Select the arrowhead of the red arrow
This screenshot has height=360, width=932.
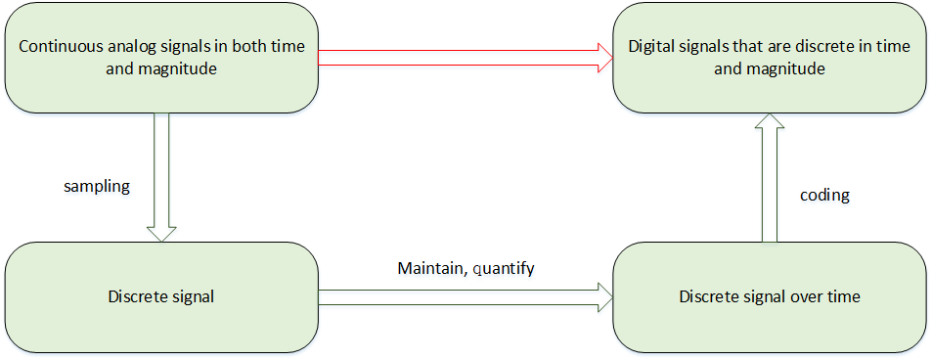pyautogui.click(x=601, y=57)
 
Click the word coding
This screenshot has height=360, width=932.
pyautogui.click(x=824, y=196)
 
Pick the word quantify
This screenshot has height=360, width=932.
pyautogui.click(x=503, y=268)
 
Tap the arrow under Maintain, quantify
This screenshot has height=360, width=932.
pyautogui.click(x=460, y=296)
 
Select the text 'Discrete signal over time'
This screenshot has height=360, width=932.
pyautogui.click(x=769, y=296)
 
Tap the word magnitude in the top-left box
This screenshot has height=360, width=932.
pyautogui.click(x=175, y=69)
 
